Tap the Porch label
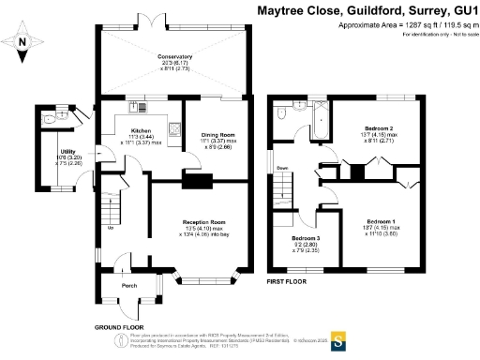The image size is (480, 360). (x=129, y=285)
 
